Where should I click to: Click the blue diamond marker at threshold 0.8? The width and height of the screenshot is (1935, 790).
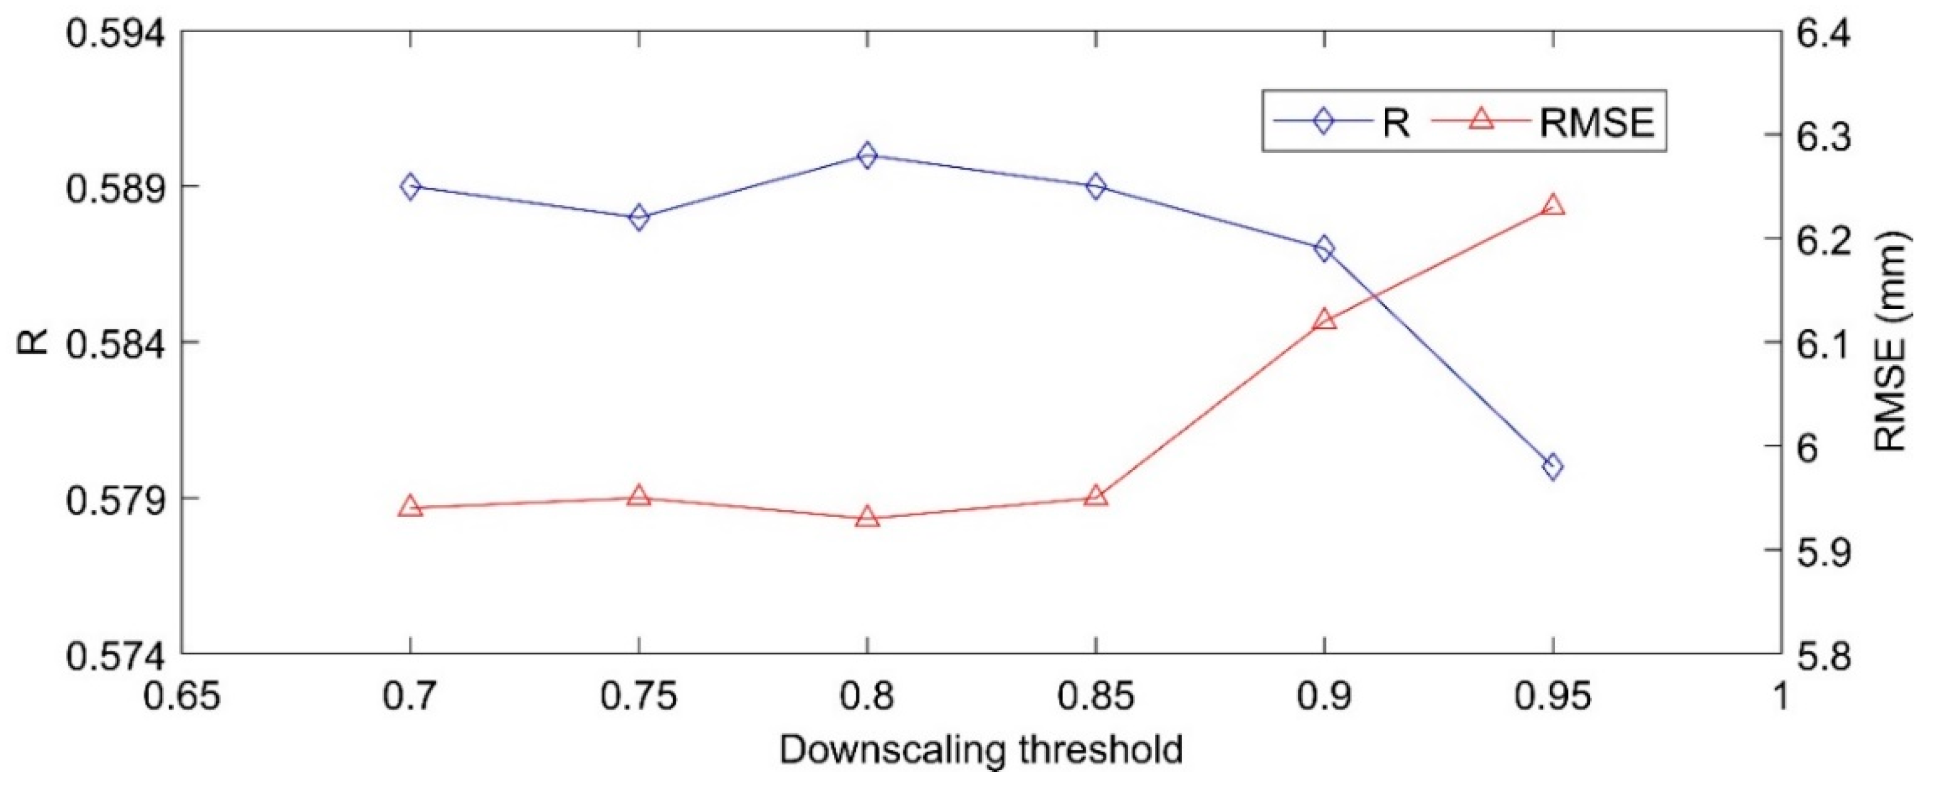click(867, 155)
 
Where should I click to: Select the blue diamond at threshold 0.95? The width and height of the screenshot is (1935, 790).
click(1553, 466)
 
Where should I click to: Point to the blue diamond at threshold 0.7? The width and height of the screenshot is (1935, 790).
click(410, 186)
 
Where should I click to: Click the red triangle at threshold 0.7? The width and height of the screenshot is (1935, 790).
click(410, 507)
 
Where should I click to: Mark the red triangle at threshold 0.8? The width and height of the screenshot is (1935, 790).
click(867, 518)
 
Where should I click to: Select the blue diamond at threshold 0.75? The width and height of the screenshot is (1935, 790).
click(638, 218)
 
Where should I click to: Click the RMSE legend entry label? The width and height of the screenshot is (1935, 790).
click(1596, 123)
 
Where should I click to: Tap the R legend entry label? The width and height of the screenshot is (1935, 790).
click(1396, 123)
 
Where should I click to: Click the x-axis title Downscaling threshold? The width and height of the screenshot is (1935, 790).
click(981, 750)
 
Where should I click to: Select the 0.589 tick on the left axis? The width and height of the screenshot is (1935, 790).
click(113, 187)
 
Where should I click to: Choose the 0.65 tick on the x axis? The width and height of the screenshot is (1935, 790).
click(183, 697)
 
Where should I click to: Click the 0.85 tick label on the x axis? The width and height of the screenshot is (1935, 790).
click(1095, 697)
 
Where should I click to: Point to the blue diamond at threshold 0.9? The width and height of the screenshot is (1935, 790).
click(1324, 248)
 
